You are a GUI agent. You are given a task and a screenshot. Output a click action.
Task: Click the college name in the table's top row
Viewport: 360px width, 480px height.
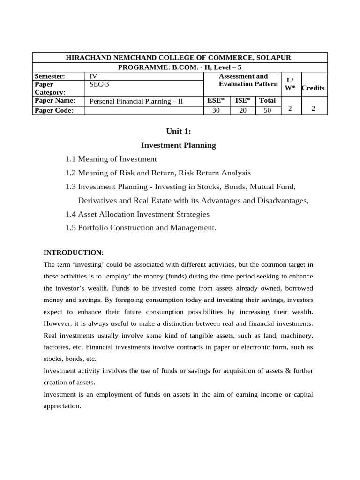pos(180,58)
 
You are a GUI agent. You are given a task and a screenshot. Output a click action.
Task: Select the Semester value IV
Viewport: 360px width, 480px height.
pos(93,76)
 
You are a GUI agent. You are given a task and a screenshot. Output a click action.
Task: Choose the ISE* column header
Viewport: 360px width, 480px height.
pos(242,100)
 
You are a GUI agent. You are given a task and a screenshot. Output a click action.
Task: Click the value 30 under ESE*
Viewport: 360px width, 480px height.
pos(216,110)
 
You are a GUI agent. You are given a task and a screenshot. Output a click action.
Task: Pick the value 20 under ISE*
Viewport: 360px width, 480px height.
pos(242,110)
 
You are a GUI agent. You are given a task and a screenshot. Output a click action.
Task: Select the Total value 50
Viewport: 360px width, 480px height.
pos(267,110)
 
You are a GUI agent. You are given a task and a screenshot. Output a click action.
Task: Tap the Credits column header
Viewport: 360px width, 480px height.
pos(313,88)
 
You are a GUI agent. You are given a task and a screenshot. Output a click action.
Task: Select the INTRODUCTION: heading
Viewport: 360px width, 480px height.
pos(73,253)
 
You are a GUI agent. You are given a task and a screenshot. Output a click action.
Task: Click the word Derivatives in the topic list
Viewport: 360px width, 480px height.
pos(97,201)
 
